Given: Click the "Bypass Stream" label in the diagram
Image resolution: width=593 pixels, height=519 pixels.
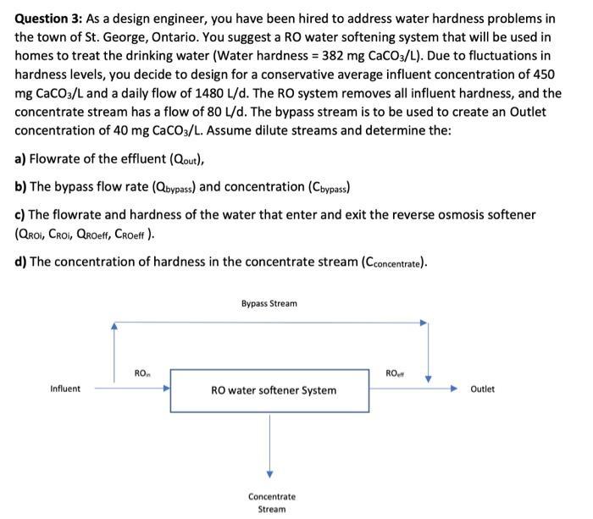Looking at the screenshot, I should click(x=269, y=303).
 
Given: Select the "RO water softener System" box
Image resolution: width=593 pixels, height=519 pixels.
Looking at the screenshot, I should click(x=273, y=390).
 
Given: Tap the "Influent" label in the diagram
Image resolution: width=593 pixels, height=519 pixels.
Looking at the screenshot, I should click(x=65, y=389).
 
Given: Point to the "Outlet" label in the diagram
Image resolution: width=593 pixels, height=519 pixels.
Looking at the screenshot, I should click(x=481, y=389).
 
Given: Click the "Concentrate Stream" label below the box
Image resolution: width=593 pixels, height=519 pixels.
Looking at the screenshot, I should click(x=271, y=503).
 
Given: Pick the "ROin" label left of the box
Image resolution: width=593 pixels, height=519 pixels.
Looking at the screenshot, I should click(x=142, y=373).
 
